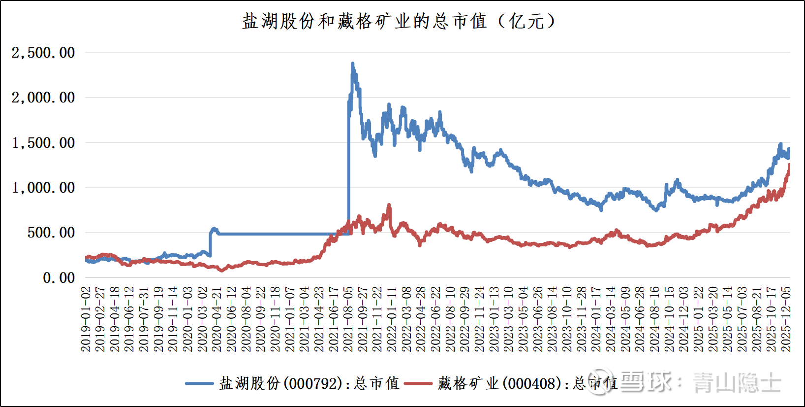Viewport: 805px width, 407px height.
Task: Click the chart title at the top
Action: (x=399, y=21)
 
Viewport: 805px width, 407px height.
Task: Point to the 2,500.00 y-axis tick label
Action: (x=43, y=53)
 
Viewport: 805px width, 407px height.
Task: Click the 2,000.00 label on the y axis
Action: (x=43, y=98)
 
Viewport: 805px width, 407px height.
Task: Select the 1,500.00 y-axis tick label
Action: (x=43, y=143)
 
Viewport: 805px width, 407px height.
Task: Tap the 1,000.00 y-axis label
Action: (x=43, y=188)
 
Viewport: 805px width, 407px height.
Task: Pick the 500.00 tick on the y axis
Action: (x=51, y=233)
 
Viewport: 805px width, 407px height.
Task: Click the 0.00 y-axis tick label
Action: (x=59, y=278)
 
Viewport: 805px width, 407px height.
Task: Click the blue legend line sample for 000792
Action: (x=199, y=384)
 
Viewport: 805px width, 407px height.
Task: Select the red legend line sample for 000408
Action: (x=418, y=384)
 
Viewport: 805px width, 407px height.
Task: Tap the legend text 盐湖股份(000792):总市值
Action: (x=310, y=384)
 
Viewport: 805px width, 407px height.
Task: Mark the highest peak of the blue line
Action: (x=352, y=64)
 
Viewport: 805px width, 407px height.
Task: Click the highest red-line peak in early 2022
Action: (x=389, y=205)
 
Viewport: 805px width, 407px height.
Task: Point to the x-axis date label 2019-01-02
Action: (x=86, y=319)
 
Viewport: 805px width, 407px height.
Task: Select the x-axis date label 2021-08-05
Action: (x=348, y=319)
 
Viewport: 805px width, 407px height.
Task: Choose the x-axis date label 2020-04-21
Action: (x=217, y=319)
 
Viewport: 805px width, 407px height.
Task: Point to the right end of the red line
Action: (x=790, y=165)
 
